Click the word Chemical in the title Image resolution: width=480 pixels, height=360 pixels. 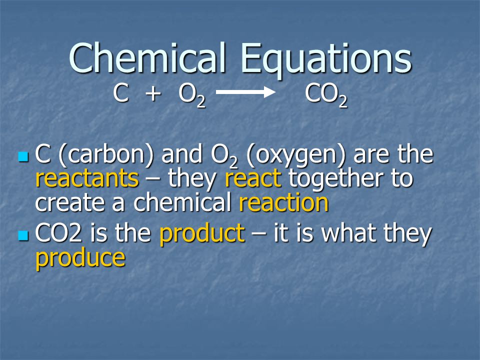pos(147,57)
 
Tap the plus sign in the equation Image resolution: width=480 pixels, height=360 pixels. pos(153,93)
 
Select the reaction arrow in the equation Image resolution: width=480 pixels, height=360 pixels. pos(245,92)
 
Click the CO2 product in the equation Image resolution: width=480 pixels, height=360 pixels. pos(326,95)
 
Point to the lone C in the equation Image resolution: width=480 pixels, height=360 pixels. pos(120,93)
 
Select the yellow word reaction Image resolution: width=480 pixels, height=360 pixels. pos(284,202)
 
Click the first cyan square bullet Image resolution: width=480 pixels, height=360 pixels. pos(23,156)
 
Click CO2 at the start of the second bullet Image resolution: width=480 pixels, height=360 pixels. pos(58,233)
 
